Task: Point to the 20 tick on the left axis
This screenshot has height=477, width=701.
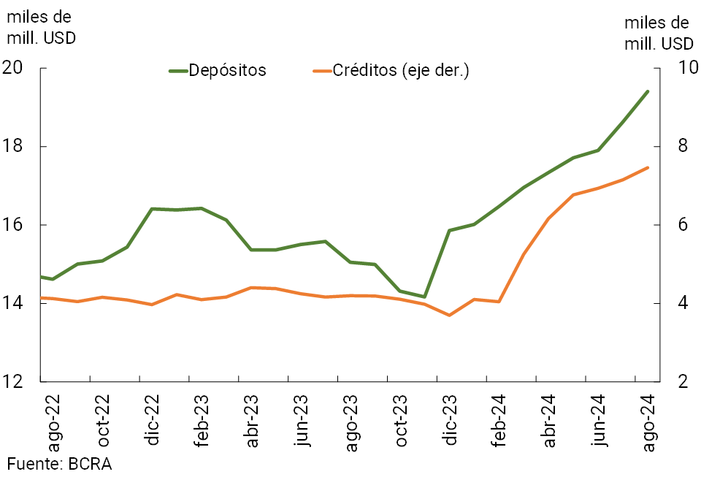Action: [15, 68]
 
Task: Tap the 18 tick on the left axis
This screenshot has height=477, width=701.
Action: [15, 146]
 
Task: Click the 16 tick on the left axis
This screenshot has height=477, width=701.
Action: [15, 224]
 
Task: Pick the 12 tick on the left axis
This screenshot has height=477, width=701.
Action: [15, 381]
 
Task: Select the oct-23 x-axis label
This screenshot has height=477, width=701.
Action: [401, 422]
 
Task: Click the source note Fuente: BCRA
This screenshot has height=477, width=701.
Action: [60, 463]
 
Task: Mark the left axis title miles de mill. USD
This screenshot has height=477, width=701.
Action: [40, 27]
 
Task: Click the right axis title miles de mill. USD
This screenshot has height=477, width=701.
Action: [658, 33]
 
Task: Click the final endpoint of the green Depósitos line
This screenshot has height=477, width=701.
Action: [648, 91]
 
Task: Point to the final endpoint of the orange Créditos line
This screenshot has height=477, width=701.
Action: [648, 168]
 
